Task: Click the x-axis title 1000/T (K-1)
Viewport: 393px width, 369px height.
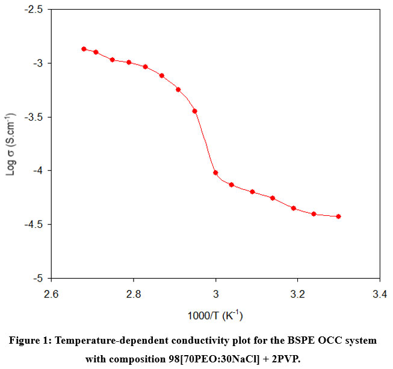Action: click(x=215, y=315)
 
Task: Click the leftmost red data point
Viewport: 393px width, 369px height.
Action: click(x=84, y=49)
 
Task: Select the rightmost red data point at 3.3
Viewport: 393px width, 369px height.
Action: click(x=339, y=216)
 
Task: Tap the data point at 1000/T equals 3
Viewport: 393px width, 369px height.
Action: click(x=215, y=172)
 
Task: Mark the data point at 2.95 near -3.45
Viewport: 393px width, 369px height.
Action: click(x=195, y=111)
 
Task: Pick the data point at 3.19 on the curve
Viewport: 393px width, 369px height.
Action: click(x=294, y=209)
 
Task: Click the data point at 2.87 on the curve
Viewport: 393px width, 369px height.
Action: click(x=162, y=75)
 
